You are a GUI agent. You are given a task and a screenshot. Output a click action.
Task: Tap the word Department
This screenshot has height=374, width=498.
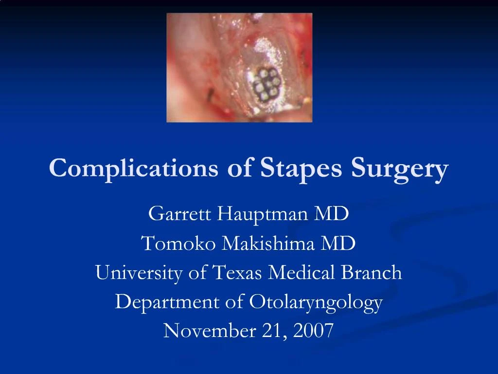(x=168, y=302)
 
